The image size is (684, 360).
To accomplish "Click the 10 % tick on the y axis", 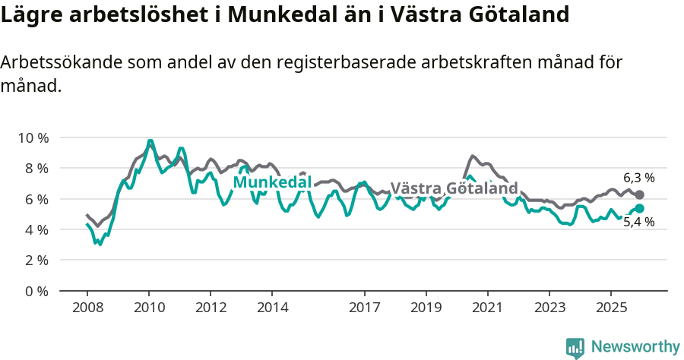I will [x=33, y=137].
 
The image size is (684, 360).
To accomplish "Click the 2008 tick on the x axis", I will [x=87, y=308].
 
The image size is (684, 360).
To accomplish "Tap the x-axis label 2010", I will [x=149, y=308].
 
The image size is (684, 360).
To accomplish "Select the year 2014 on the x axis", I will [x=272, y=308].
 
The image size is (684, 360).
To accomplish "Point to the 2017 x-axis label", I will [x=364, y=308].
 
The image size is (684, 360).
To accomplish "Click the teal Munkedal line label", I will [x=272, y=182].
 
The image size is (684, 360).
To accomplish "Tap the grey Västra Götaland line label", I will [x=454, y=188].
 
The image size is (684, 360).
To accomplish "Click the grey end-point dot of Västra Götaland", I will [x=639, y=195].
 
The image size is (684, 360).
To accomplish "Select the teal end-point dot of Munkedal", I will [x=639, y=208].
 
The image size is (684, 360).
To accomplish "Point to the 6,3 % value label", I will [x=638, y=178].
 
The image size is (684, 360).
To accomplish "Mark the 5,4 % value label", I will [x=638, y=223].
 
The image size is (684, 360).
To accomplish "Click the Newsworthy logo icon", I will [x=575, y=347].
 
